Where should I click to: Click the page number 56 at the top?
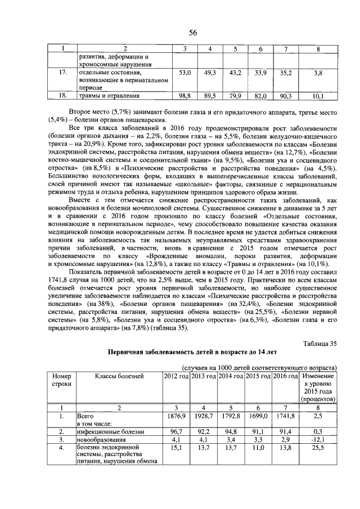click(192, 32)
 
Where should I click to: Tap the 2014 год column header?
click(231, 376)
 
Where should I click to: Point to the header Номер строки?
click(61, 380)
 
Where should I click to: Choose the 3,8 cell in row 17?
click(318, 73)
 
